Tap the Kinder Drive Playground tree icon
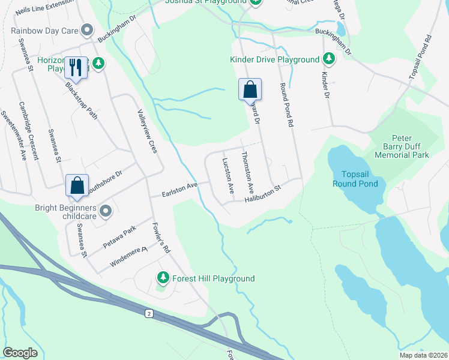(x=328, y=59)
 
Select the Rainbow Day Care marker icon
(x=87, y=29)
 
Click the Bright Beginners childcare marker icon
(x=106, y=211)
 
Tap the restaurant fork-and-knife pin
(x=75, y=67)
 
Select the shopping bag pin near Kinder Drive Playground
(x=250, y=90)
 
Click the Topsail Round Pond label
(x=355, y=178)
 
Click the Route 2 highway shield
(x=148, y=313)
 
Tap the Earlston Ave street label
(x=180, y=190)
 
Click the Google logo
(x=20, y=352)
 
